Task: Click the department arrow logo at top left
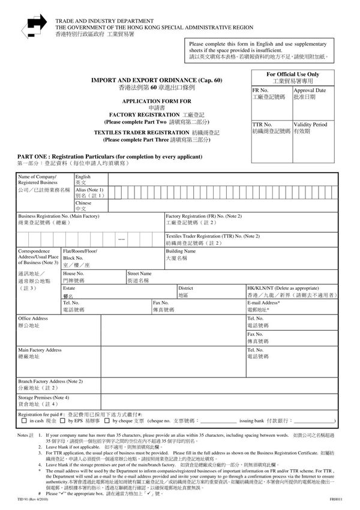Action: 35,23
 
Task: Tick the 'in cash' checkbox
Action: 23,421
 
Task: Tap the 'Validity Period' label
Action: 311,124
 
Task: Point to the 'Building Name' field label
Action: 181,251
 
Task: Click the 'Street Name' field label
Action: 139,274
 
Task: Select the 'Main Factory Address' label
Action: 40,350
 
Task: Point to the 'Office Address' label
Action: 33,318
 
